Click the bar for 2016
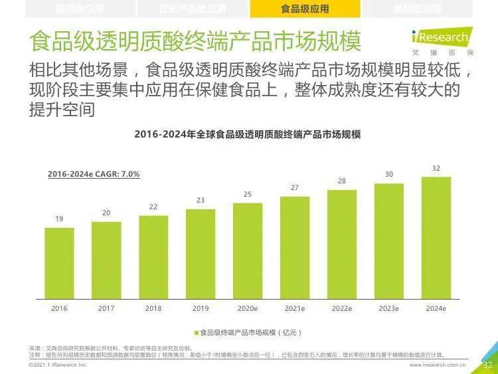[x=59, y=263]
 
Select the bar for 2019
[x=201, y=254]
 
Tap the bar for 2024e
[x=436, y=238]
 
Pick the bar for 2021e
[x=295, y=247]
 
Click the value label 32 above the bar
[x=436, y=169]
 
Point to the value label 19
[x=59, y=219]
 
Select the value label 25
[x=248, y=194]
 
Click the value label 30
[x=389, y=174]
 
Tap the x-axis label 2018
[x=153, y=308]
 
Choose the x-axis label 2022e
[x=342, y=308]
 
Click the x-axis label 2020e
[x=248, y=308]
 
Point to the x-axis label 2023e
[x=389, y=308]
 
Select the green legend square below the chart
[x=197, y=332]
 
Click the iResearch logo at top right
[x=441, y=40]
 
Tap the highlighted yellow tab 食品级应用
[x=305, y=9]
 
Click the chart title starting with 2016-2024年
[x=247, y=134]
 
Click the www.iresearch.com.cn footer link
[x=438, y=365]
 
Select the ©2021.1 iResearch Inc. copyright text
[x=58, y=365]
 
